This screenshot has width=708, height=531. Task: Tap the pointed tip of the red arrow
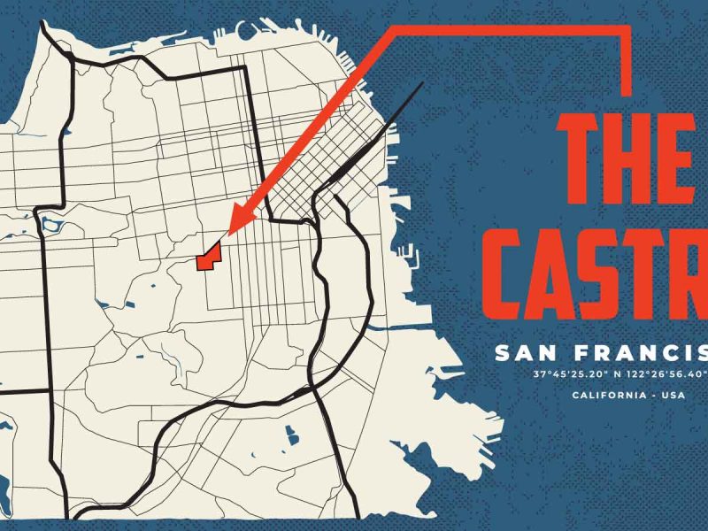(228, 234)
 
